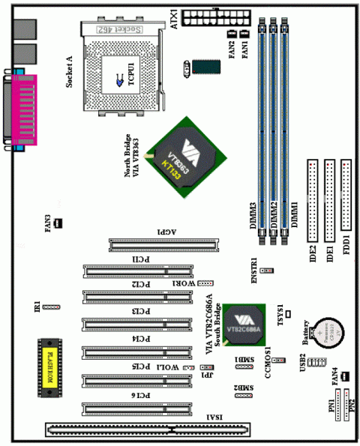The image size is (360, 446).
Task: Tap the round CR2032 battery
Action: (x=326, y=331)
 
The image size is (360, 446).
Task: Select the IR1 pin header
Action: (x=52, y=307)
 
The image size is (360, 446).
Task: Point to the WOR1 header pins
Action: (x=205, y=284)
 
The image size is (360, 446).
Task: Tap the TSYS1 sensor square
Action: (x=288, y=311)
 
